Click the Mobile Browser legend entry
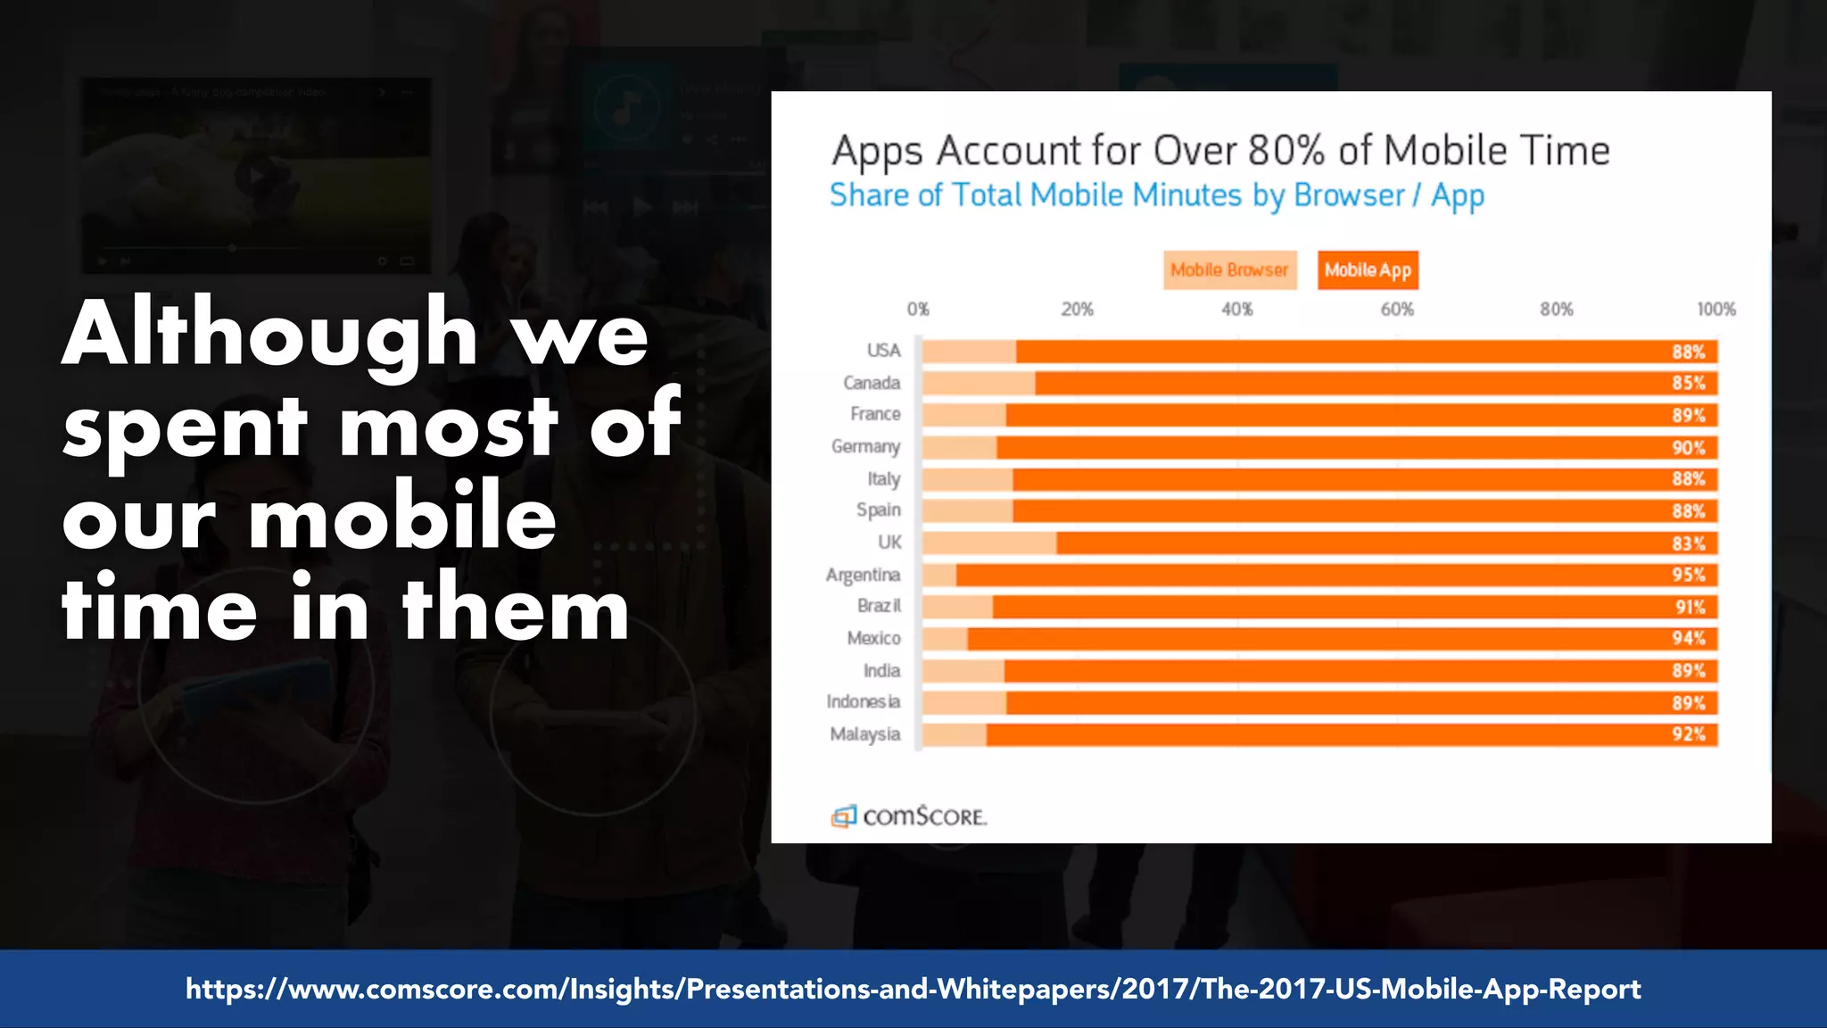point(1228,269)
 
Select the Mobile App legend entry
point(1367,269)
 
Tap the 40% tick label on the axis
point(1236,310)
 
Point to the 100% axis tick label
point(1715,310)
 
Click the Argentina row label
point(863,575)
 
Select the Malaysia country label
point(864,734)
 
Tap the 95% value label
point(1688,575)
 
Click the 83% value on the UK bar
point(1688,543)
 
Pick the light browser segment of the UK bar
point(988,543)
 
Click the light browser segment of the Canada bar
point(978,384)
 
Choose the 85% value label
point(1688,384)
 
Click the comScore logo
point(909,816)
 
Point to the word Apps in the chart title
point(877,152)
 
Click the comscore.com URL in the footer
point(913,989)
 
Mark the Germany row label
point(865,446)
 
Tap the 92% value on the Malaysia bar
point(1688,734)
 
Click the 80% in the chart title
point(1286,151)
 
